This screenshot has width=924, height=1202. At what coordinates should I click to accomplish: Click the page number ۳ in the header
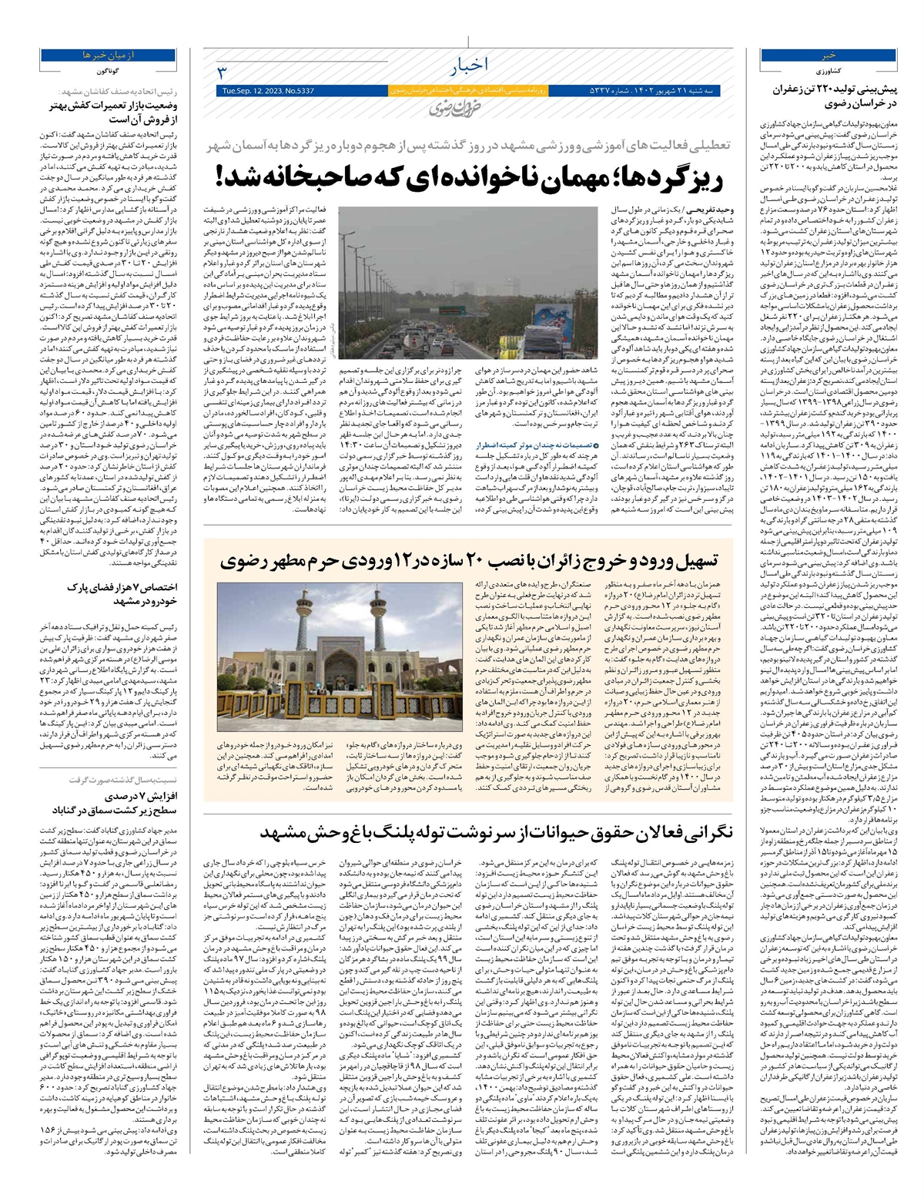(221, 72)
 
